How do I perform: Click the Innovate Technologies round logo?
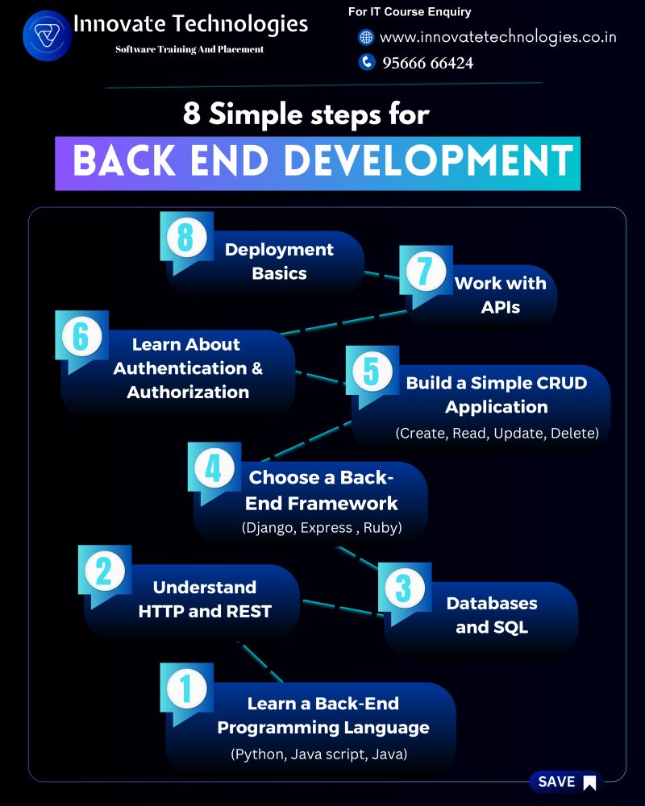tap(47, 36)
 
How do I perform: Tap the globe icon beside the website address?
tap(366, 37)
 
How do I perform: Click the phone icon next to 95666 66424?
tap(366, 62)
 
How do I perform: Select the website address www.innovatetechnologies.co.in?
tap(498, 38)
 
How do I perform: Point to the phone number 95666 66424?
tap(427, 63)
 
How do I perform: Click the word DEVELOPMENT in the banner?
tap(428, 160)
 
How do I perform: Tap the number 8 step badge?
tap(186, 238)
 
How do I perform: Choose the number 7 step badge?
tap(426, 272)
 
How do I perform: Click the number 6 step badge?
tap(81, 337)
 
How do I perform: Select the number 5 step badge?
tap(372, 372)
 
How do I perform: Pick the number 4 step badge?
tap(214, 468)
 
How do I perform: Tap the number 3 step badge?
tap(404, 588)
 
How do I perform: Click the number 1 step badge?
tap(186, 689)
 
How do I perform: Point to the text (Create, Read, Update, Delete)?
tap(497, 434)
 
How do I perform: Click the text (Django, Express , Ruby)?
tap(322, 528)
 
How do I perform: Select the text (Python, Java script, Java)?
tap(319, 754)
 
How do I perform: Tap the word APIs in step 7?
tap(501, 307)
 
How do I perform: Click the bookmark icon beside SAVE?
tap(590, 783)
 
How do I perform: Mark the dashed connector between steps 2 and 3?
tap(343, 607)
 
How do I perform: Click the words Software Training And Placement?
tap(189, 49)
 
